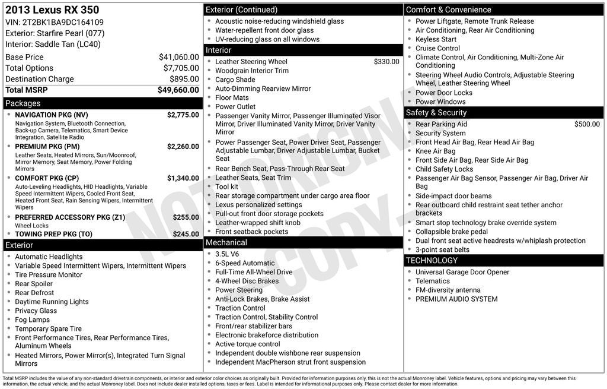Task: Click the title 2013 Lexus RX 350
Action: (52, 10)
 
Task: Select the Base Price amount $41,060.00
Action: (178, 57)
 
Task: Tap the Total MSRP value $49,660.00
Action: (178, 90)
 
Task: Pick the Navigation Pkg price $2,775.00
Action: (183, 115)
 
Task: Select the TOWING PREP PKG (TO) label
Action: (53, 234)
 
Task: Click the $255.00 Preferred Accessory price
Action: (186, 217)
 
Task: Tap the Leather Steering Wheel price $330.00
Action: (386, 62)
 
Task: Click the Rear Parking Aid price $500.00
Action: (587, 124)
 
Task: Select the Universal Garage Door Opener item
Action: (462, 272)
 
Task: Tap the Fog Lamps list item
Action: (33, 320)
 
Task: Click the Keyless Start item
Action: (436, 39)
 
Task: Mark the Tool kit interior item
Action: (227, 186)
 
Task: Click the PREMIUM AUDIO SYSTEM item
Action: (456, 299)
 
